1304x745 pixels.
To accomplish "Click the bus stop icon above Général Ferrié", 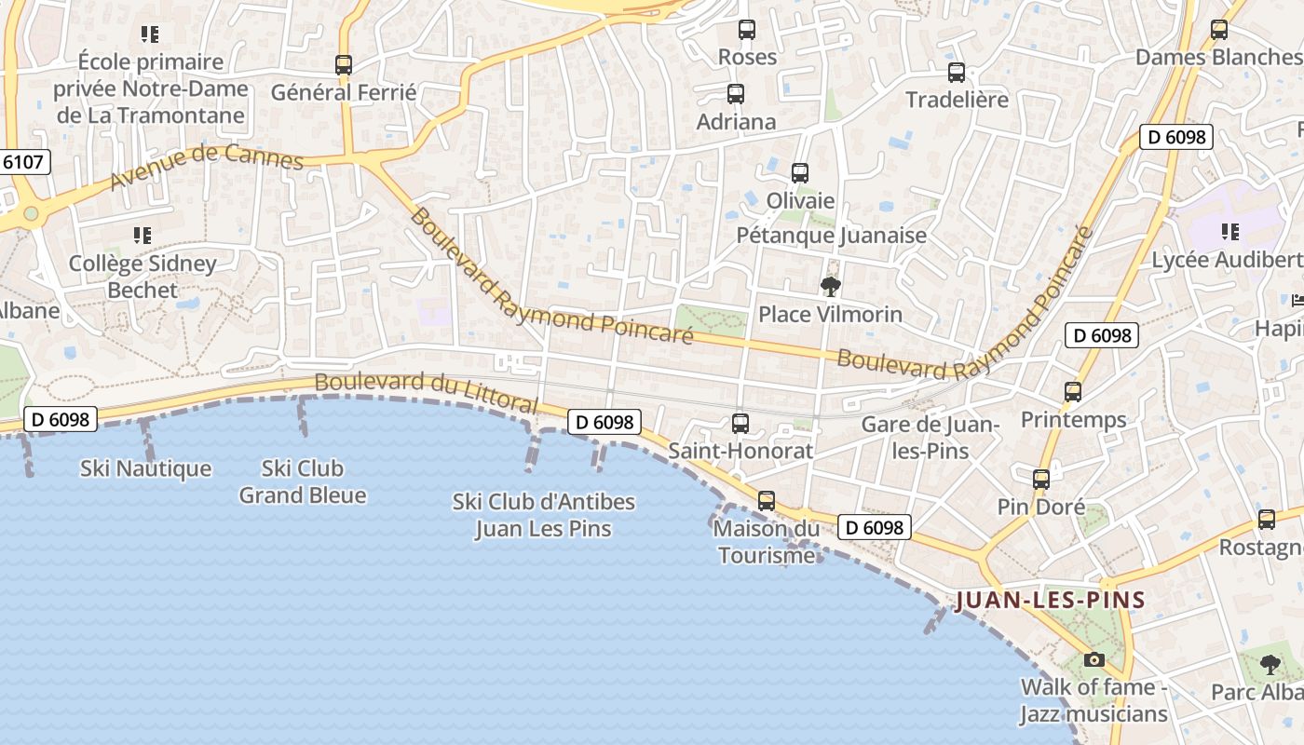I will click(x=344, y=65).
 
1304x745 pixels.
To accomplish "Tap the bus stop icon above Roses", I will click(x=747, y=30).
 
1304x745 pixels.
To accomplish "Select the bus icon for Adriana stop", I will click(x=736, y=94).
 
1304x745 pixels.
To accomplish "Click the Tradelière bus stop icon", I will click(x=957, y=73).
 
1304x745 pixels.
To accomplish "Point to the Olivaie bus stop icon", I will click(x=800, y=173).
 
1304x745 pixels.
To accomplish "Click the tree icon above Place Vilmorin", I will click(x=830, y=287).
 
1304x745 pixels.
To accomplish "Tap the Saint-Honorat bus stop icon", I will click(x=740, y=424).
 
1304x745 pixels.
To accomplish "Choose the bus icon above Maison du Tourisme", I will click(x=767, y=501).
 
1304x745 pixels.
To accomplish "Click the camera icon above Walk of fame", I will click(x=1094, y=660).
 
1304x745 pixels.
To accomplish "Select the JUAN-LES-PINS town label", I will click(x=1051, y=600).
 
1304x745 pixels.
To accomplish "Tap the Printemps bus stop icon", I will click(x=1073, y=392).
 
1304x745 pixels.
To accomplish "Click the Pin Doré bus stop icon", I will click(x=1041, y=480).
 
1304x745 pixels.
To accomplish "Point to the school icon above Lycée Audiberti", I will click(x=1230, y=232).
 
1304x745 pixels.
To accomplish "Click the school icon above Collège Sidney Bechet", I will click(x=142, y=235).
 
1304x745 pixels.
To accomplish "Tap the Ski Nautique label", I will click(x=146, y=468).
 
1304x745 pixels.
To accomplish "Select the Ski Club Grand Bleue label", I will click(x=303, y=481).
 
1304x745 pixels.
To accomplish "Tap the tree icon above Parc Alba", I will click(x=1270, y=664).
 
